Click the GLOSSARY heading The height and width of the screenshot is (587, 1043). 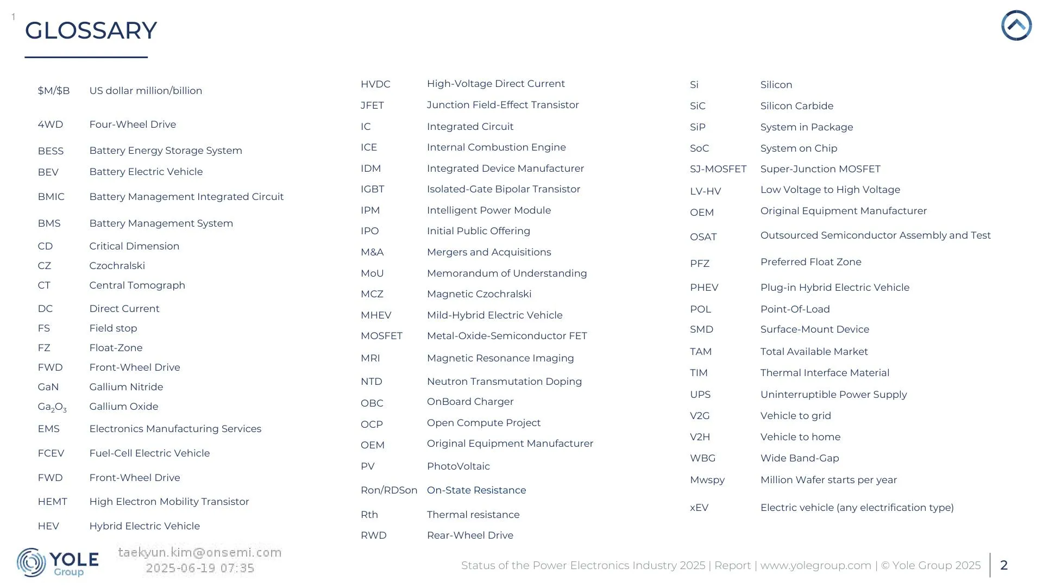pos(91,30)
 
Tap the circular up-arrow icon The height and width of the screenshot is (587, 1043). pos(1016,26)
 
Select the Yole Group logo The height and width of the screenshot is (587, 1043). pos(58,563)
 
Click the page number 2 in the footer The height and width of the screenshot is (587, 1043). pos(1004,565)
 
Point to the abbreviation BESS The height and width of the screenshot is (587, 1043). pos(51,151)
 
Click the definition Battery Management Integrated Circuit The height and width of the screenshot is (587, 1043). pos(186,197)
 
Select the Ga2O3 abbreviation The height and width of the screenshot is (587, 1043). pos(52,407)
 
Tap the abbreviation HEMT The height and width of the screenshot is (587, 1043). pos(52,502)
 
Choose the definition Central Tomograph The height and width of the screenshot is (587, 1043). pos(137,285)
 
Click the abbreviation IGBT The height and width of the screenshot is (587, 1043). pos(372,189)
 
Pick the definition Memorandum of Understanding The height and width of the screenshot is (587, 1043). pos(506,273)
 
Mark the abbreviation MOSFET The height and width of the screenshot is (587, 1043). pos(381,336)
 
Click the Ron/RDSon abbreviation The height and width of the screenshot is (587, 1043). pos(389,490)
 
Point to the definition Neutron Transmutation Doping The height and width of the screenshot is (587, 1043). pos(504,382)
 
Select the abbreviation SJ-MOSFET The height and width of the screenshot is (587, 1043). pos(718,169)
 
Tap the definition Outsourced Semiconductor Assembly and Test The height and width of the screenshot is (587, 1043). pos(875,235)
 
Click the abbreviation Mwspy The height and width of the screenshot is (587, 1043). pos(707,480)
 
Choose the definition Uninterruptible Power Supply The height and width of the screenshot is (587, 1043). pos(833,395)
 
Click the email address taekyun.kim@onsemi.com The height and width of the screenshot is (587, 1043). pos(200,553)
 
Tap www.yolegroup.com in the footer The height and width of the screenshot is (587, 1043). pos(815,565)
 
